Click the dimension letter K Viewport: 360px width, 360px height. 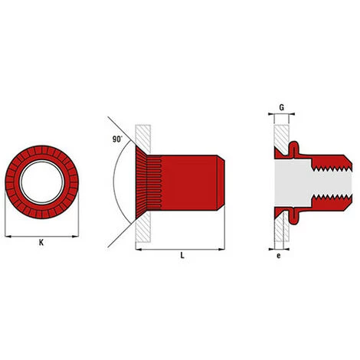tap(41, 243)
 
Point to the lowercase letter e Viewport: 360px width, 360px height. tap(279, 257)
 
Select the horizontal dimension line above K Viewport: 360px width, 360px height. tap(41, 234)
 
